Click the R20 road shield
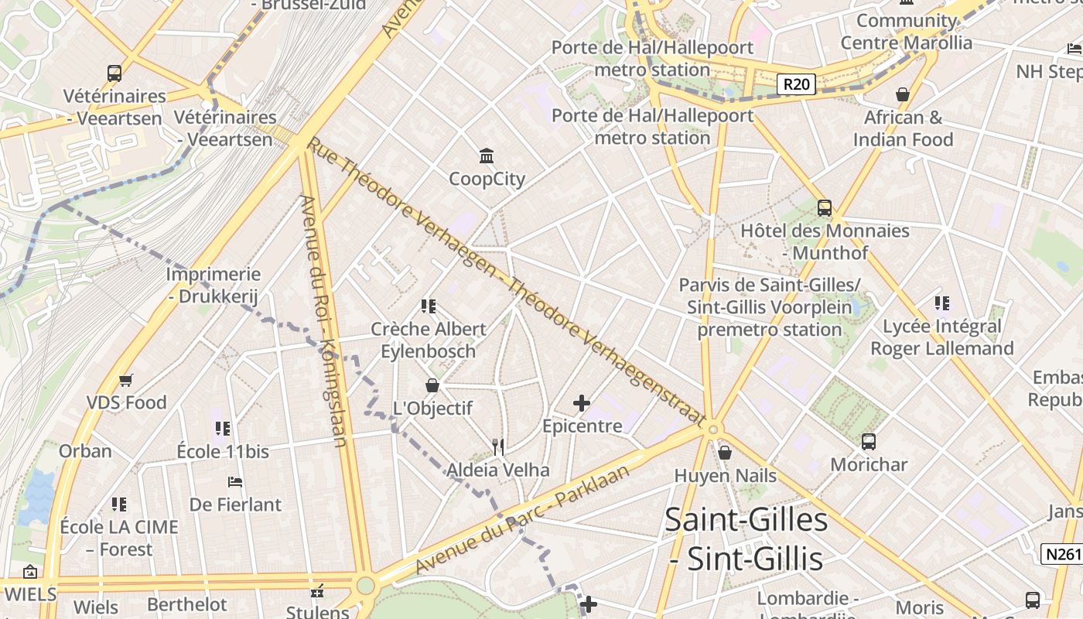point(795,84)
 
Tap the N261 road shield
point(1061,554)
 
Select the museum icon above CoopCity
point(487,156)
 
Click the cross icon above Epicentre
point(582,403)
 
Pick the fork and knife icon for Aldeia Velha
point(499,446)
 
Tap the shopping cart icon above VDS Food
point(126,380)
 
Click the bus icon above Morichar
point(869,442)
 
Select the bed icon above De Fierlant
point(235,482)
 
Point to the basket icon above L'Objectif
point(432,385)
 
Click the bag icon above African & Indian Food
point(902,94)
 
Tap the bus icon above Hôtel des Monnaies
point(825,208)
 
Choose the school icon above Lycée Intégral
point(941,303)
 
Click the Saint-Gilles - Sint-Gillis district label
point(746,539)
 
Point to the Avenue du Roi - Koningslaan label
point(326,321)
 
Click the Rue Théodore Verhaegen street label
point(507,282)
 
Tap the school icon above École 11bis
point(223,428)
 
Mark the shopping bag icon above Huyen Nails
point(725,453)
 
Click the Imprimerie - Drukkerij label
point(213,286)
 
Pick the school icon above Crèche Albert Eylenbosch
point(428,306)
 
